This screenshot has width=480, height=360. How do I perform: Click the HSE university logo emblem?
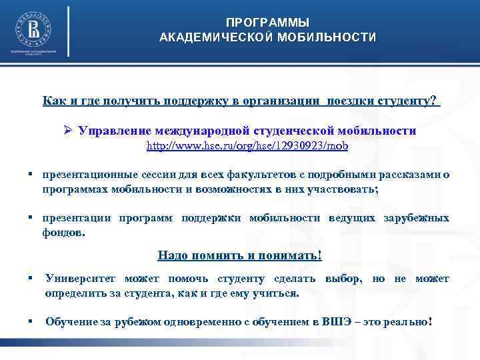(x=32, y=29)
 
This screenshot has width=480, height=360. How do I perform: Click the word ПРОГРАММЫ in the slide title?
(x=267, y=23)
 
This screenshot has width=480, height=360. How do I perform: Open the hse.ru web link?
(x=247, y=145)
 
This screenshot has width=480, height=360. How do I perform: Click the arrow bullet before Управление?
(x=67, y=131)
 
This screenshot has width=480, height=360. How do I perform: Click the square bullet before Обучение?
(x=31, y=321)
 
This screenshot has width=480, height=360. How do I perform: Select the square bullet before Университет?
(x=31, y=278)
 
